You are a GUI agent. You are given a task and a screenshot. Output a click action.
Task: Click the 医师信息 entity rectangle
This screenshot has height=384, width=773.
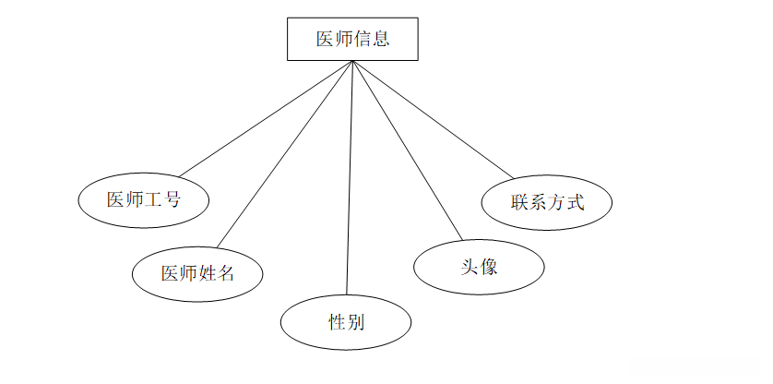pyautogui.click(x=352, y=40)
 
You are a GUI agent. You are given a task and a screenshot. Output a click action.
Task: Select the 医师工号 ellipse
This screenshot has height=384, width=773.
pyautogui.click(x=143, y=199)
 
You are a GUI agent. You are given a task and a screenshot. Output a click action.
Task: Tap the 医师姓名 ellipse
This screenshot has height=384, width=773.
pyautogui.click(x=197, y=274)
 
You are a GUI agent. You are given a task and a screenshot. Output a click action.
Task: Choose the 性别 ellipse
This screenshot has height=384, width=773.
pyautogui.click(x=346, y=323)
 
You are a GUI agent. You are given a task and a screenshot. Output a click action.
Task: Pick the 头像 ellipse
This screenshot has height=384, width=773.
pyautogui.click(x=479, y=268)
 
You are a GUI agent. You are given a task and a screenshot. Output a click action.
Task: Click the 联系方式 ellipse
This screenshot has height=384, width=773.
pyautogui.click(x=547, y=201)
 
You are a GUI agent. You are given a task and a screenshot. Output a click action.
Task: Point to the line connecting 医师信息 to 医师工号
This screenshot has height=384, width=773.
pyautogui.click(x=268, y=118)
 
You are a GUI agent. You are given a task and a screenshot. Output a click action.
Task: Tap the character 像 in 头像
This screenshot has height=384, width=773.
pyautogui.click(x=489, y=268)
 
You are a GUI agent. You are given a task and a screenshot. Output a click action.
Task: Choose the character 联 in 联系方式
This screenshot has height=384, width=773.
pyautogui.click(x=520, y=201)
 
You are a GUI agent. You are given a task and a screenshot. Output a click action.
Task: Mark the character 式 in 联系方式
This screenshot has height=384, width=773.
pyautogui.click(x=575, y=201)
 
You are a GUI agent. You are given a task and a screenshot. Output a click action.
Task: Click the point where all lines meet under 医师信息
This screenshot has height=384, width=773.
pyautogui.click(x=353, y=62)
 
